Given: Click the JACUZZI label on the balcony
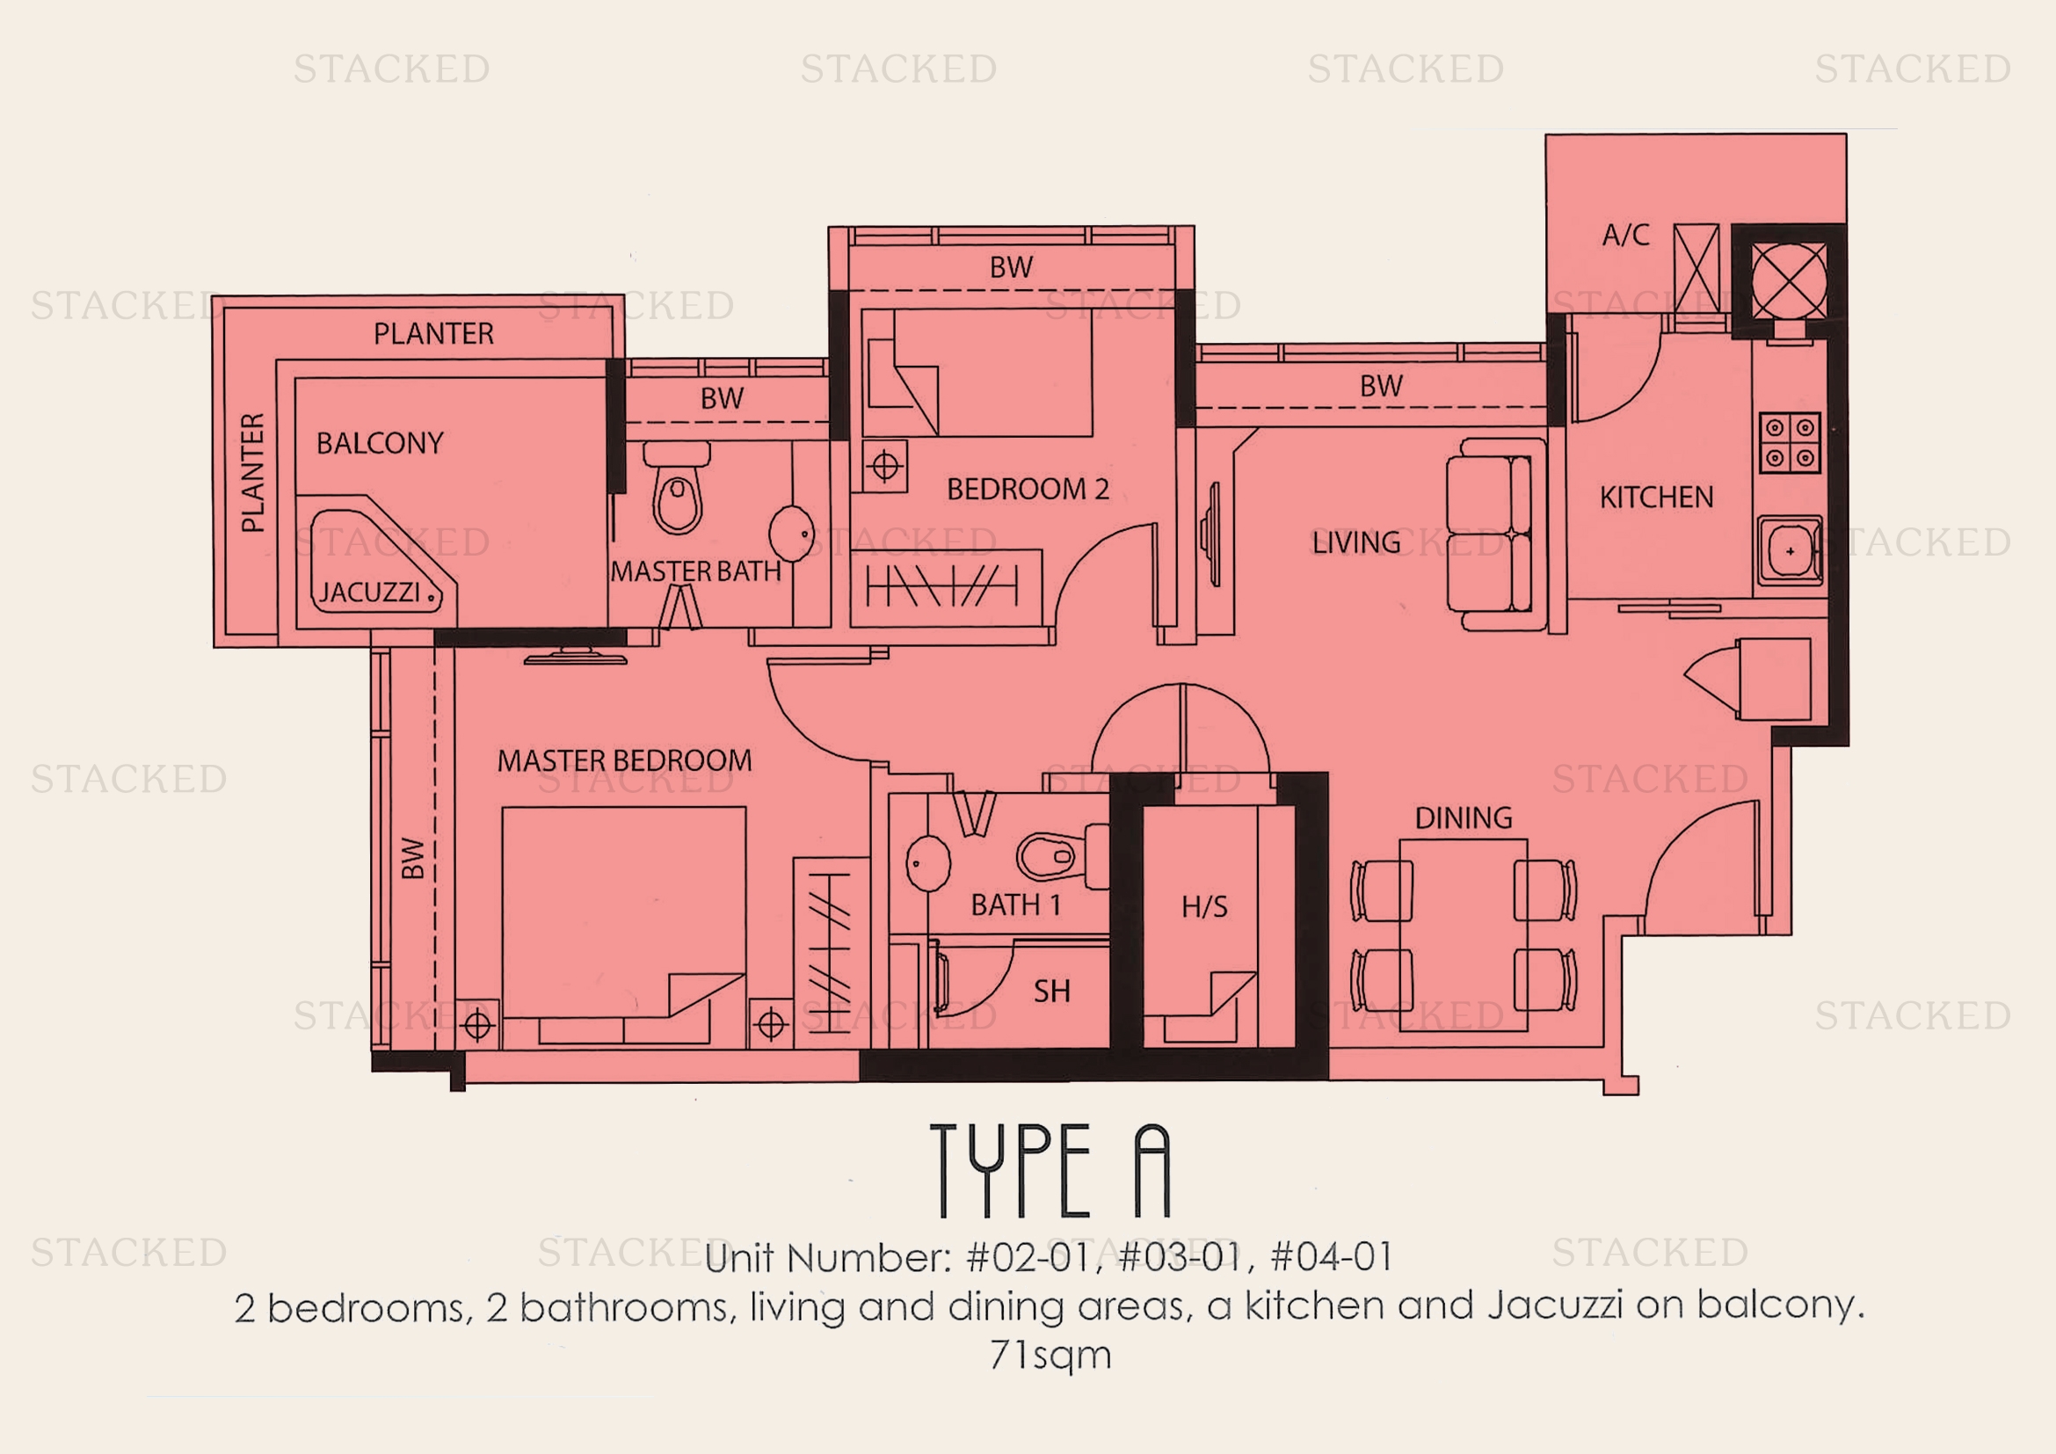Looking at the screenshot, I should click(370, 593).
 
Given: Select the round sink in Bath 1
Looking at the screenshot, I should click(927, 863).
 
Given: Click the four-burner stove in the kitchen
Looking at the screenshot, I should click(1789, 442).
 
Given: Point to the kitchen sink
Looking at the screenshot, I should click(1788, 550).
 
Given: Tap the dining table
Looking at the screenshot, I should click(1464, 934).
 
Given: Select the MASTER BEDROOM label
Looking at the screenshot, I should click(624, 761).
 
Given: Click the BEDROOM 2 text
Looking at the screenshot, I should click(1027, 489).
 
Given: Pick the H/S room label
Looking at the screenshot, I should click(1204, 907).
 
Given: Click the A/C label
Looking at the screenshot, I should click(1625, 236).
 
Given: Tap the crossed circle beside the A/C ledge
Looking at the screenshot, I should click(1788, 280).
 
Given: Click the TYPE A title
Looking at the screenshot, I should click(1050, 1171).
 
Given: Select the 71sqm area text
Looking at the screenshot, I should click(1050, 1355).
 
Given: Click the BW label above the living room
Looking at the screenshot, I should click(1381, 387).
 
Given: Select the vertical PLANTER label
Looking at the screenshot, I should click(253, 473).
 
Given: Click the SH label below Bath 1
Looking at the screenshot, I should click(1051, 991).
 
